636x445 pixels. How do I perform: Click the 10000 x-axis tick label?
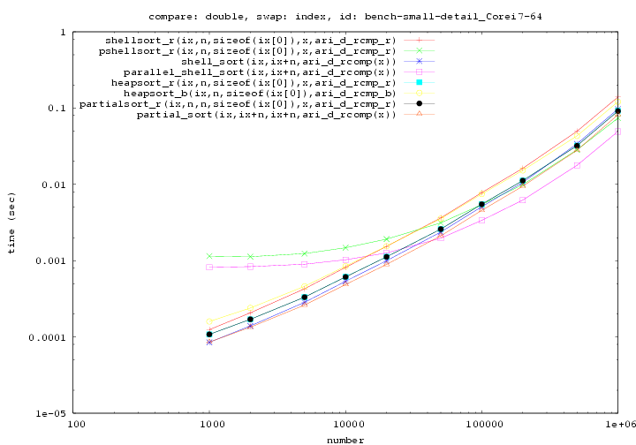tap(346, 424)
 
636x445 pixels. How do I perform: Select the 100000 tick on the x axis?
tap(481, 424)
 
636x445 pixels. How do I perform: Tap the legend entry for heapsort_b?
tap(259, 93)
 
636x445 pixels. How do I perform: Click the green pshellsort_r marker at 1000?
tap(209, 256)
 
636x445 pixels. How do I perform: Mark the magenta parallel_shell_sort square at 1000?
tap(209, 267)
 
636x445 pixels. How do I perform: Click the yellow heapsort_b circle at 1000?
tap(209, 322)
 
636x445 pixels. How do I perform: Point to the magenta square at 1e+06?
tap(617, 132)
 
